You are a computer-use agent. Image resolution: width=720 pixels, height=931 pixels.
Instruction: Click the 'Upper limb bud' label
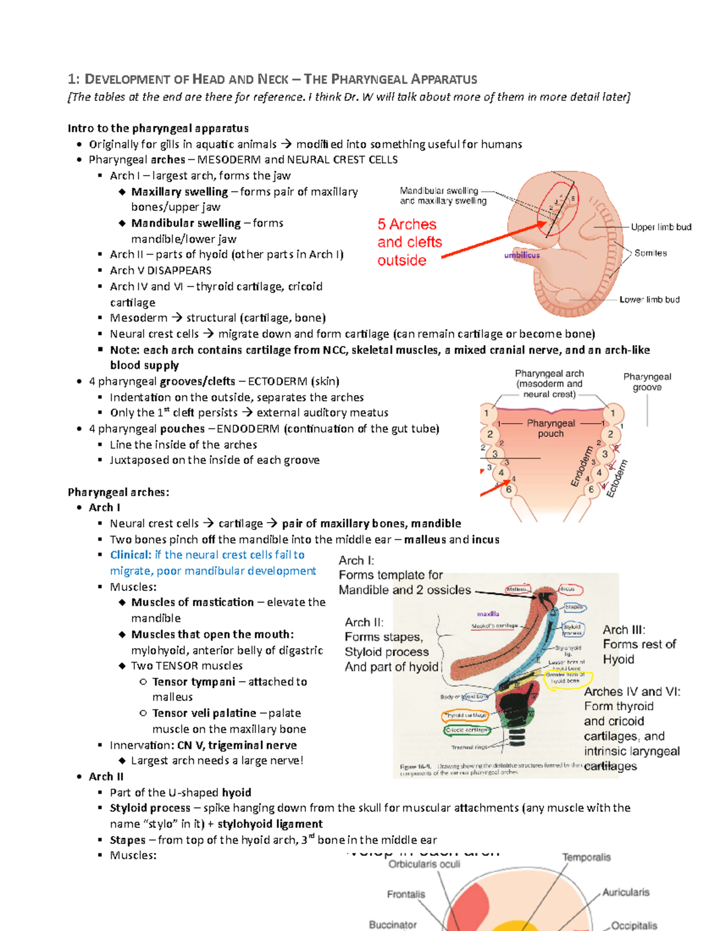(x=661, y=227)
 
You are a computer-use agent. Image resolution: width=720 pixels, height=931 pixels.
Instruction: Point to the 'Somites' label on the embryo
(x=650, y=253)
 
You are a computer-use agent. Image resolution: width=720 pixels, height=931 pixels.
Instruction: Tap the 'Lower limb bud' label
(x=649, y=299)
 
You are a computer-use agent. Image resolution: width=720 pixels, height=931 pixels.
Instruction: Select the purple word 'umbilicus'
(x=521, y=255)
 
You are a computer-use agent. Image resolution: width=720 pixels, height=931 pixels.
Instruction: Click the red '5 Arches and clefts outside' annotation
(x=409, y=242)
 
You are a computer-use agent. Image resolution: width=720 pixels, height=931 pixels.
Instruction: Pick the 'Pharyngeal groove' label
(x=647, y=382)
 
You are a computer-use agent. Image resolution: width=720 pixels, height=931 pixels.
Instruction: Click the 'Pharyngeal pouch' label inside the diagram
(x=551, y=428)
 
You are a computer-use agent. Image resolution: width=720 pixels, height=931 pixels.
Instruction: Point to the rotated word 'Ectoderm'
(x=616, y=478)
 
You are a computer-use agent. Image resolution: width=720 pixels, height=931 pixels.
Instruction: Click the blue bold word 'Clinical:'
(x=130, y=555)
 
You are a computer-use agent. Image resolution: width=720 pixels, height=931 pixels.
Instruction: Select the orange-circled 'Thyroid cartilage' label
(x=466, y=715)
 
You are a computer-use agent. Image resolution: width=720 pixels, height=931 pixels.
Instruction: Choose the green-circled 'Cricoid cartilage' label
(x=466, y=730)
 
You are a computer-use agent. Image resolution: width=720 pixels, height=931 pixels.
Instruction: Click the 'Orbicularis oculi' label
(x=424, y=864)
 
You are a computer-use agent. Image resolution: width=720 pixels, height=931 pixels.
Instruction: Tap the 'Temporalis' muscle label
(x=586, y=857)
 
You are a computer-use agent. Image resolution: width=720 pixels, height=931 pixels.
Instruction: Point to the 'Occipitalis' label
(x=634, y=926)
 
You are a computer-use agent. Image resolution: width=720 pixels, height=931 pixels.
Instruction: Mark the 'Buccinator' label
(x=392, y=924)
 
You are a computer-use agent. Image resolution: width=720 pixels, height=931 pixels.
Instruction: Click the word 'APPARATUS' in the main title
(x=443, y=79)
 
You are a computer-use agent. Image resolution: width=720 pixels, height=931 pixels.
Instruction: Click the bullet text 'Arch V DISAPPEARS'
(x=160, y=270)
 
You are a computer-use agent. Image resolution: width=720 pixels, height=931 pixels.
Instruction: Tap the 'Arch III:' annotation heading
(x=624, y=629)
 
